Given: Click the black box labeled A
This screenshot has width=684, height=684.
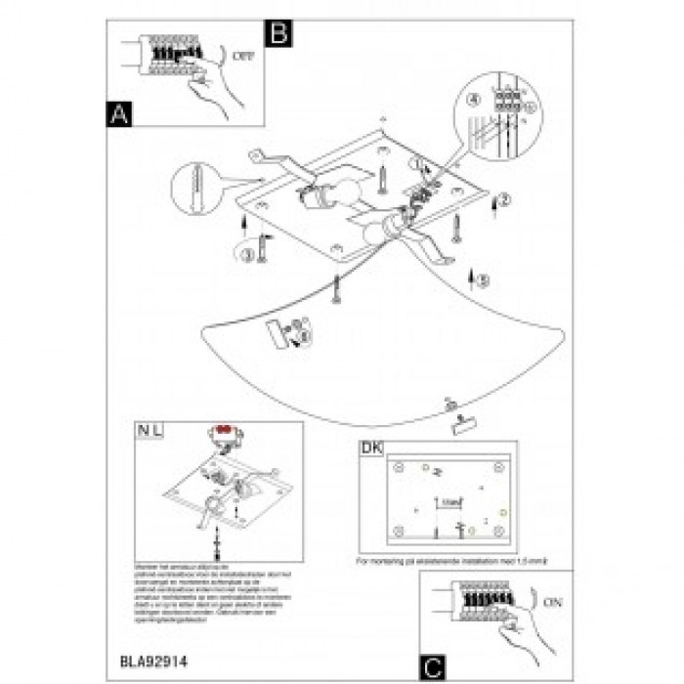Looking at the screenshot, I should [x=118, y=114].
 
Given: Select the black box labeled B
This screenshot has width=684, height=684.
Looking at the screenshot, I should [x=280, y=33].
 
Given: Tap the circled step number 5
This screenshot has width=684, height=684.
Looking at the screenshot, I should [x=483, y=280].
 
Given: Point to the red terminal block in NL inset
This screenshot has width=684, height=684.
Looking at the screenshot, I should [x=223, y=430].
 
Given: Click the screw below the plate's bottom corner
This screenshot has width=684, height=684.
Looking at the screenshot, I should [x=337, y=289].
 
